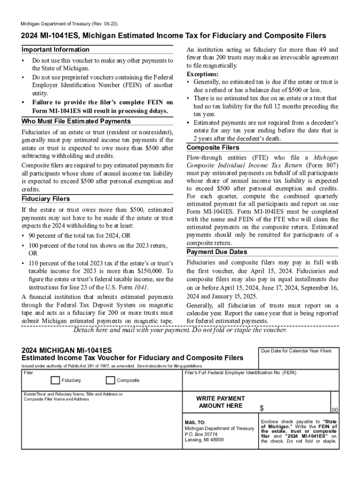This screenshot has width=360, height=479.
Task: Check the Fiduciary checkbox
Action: tap(55, 380)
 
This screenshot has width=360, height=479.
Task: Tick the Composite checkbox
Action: tap(110, 380)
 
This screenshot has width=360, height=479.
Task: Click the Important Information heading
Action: tap(55, 50)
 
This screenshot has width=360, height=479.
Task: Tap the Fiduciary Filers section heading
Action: tap(46, 199)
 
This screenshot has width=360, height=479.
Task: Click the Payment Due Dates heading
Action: tap(217, 252)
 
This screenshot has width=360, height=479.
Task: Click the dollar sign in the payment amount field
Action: tap(262, 408)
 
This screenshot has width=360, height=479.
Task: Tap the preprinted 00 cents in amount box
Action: tap(334, 410)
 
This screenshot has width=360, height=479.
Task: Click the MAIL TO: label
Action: tap(195, 422)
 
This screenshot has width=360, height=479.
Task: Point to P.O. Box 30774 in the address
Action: tap(201, 434)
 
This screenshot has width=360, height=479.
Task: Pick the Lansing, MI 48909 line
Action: tap(204, 440)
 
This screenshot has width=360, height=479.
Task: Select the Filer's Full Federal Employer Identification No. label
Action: tap(240, 372)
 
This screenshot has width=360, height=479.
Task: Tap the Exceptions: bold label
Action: tap(202, 74)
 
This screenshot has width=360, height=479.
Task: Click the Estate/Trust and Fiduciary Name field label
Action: tap(73, 394)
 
